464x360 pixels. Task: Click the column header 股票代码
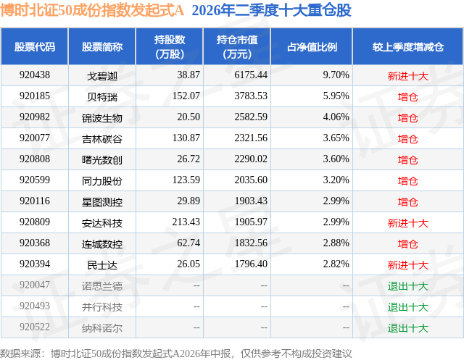35,46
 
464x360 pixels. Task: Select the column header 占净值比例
312,46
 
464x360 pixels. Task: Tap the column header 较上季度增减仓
408,46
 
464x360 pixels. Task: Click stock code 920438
35,75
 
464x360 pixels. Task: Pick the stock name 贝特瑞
102,96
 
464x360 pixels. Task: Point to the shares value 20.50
188,117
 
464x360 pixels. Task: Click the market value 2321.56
251,138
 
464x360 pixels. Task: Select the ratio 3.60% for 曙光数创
336,159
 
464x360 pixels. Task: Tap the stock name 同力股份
102,180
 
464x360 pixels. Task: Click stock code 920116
35,201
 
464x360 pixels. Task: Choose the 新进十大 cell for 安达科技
408,223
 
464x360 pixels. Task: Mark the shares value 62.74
188,243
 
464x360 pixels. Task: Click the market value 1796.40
251,264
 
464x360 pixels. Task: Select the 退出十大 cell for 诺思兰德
408,286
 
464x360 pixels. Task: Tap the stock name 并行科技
102,307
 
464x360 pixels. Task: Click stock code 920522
35,327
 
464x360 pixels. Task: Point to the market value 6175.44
251,75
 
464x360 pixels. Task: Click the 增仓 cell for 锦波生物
408,117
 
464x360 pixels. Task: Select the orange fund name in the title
92,10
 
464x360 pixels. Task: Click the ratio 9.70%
336,75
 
